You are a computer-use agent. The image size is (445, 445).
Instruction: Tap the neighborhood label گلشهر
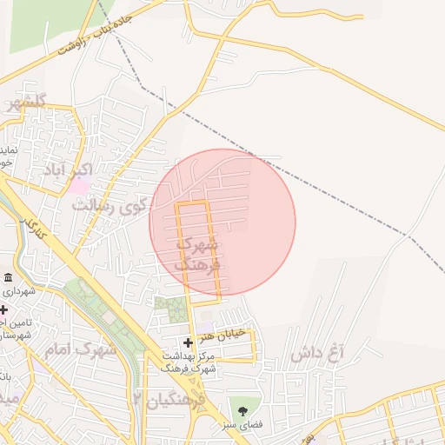pyautogui.click(x=23, y=103)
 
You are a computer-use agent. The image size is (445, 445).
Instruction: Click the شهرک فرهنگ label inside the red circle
pyautogui.click(x=199, y=252)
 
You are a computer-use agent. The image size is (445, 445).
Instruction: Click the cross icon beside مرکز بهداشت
pyautogui.click(x=188, y=343)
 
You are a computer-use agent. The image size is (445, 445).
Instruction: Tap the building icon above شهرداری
pyautogui.click(x=8, y=277)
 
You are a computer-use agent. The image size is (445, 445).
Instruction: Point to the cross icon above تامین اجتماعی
pyautogui.click(x=3, y=309)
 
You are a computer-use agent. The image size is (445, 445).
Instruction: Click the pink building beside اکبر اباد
pyautogui.click(x=80, y=185)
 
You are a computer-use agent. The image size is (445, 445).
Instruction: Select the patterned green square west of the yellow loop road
pyautogui.click(x=171, y=309)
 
